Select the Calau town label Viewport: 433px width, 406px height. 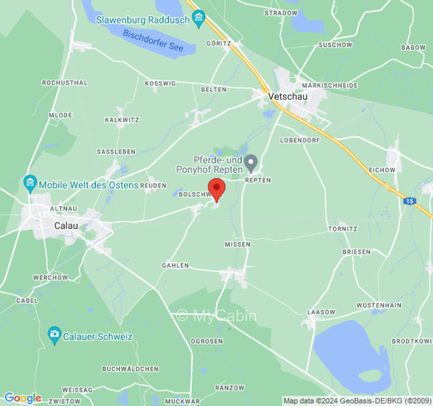pyautogui.click(x=66, y=226)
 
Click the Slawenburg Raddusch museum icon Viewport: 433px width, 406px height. pyautogui.click(x=198, y=20)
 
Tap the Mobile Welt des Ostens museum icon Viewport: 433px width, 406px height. pyautogui.click(x=30, y=184)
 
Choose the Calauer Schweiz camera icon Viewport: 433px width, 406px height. pyautogui.click(x=54, y=335)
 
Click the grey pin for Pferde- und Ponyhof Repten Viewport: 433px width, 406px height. pyautogui.click(x=251, y=162)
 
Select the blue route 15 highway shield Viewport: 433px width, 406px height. pyautogui.click(x=409, y=201)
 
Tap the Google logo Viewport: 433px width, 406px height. pyautogui.click(x=22, y=398)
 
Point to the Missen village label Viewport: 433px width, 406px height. pyautogui.click(x=238, y=244)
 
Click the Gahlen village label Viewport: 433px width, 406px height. pyautogui.click(x=175, y=265)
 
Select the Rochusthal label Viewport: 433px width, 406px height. pyautogui.click(x=64, y=82)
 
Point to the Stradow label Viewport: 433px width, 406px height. pyautogui.click(x=281, y=13)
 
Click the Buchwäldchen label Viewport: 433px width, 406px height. pyautogui.click(x=130, y=369)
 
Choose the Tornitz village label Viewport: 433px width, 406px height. pyautogui.click(x=343, y=229)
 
